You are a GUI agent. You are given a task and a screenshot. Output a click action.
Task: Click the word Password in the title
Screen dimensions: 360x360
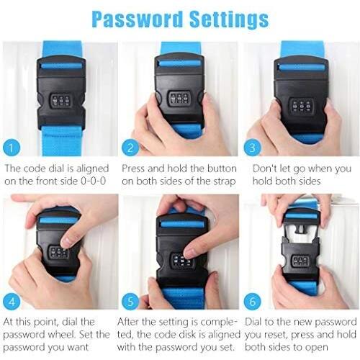pyautogui.click(x=137, y=19)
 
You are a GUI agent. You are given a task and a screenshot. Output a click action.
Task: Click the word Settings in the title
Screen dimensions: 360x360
pyautogui.click(x=229, y=19)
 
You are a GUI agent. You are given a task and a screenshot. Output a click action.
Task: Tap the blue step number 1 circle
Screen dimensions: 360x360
pyautogui.click(x=12, y=148)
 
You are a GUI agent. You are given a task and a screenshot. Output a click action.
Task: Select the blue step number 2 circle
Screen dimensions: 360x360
pyautogui.click(x=130, y=148)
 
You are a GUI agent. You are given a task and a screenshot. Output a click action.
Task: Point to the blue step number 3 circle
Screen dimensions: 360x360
pyautogui.click(x=252, y=148)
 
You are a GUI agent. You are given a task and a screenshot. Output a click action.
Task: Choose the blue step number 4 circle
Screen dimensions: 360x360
pyautogui.click(x=12, y=302)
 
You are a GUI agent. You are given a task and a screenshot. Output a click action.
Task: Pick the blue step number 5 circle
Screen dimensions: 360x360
pyautogui.click(x=130, y=302)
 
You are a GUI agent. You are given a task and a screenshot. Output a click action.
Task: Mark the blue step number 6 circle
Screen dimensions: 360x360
pyautogui.click(x=253, y=302)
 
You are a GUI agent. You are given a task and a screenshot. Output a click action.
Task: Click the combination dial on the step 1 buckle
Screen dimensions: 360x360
pyautogui.click(x=61, y=101)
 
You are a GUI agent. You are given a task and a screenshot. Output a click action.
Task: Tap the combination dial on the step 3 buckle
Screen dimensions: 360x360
pyautogui.click(x=302, y=106)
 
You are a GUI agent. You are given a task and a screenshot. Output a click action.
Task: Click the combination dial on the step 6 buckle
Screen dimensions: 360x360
pyautogui.click(x=300, y=261)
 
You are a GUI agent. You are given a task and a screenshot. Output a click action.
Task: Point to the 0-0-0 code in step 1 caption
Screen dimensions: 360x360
pyautogui.click(x=93, y=181)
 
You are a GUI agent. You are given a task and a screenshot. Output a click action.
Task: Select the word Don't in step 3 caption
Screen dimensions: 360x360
pyautogui.click(x=264, y=168)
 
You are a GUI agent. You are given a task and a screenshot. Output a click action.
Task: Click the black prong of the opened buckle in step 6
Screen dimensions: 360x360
pyautogui.click(x=300, y=228)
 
